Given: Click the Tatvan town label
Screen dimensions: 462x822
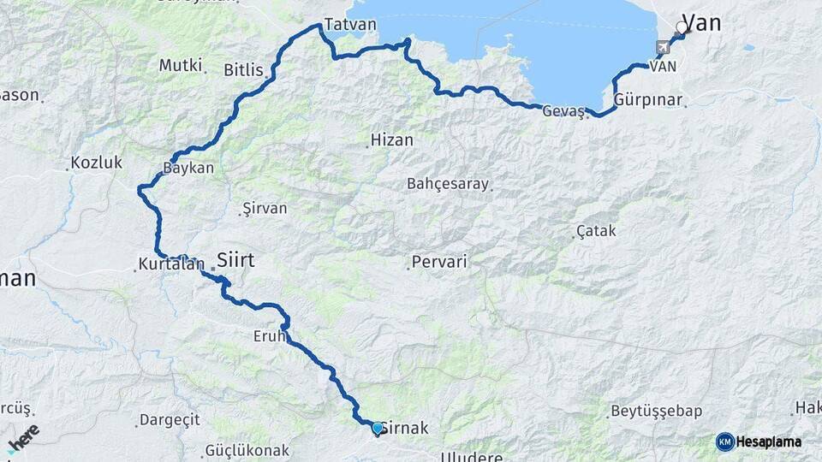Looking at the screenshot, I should pyautogui.click(x=351, y=24).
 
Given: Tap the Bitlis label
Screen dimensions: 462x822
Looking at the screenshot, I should pyautogui.click(x=243, y=70).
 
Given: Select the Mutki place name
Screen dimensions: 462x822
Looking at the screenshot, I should pyautogui.click(x=181, y=65).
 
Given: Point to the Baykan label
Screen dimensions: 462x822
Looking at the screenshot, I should pyautogui.click(x=188, y=169).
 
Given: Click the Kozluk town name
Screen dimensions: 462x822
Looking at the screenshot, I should pyautogui.click(x=97, y=162).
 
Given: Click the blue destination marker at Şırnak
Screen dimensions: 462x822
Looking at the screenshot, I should pyautogui.click(x=377, y=428).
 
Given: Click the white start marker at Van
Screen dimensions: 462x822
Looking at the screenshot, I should pyautogui.click(x=682, y=27).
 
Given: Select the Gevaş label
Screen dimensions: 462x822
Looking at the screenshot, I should pyautogui.click(x=563, y=110).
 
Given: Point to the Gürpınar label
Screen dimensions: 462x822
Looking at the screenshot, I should pyautogui.click(x=647, y=100).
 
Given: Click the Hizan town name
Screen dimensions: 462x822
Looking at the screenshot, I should pyautogui.click(x=391, y=139).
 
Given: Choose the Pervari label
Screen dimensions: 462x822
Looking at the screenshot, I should pyautogui.click(x=439, y=262).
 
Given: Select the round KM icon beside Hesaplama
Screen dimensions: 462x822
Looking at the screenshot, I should pyautogui.click(x=725, y=441).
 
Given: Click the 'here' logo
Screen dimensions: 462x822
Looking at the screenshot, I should pyautogui.click(x=23, y=439).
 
